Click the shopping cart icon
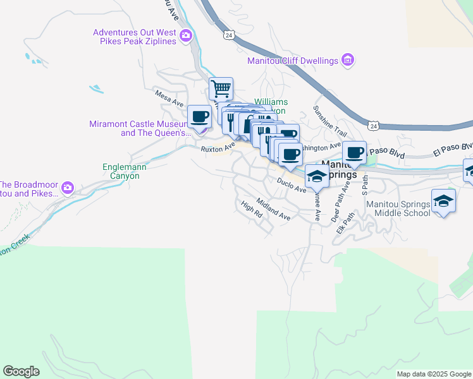pos(221,88)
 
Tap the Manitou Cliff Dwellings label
pos(293,61)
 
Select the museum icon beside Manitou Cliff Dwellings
pos(347,61)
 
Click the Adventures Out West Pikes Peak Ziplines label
pos(135,37)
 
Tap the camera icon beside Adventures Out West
pos(186,35)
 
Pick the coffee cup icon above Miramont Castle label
pos(199,116)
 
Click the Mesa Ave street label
pos(169,97)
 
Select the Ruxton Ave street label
pos(218,147)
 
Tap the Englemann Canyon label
pos(121,172)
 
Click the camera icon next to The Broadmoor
pos(68,188)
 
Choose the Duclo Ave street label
pos(291,184)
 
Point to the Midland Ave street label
pos(273,209)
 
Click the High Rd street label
pos(252,209)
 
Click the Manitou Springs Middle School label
pos(402,209)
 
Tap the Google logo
pos(21,371)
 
